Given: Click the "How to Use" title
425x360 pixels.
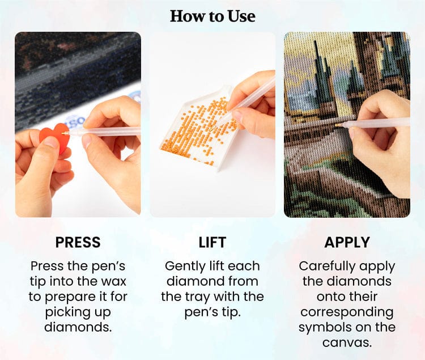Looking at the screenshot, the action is pyautogui.click(x=212, y=16).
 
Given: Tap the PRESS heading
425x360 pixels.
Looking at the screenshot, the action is pyautogui.click(x=78, y=242).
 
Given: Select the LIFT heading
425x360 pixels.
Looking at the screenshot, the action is pyautogui.click(x=212, y=242).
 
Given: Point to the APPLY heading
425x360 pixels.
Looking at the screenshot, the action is pyautogui.click(x=347, y=242).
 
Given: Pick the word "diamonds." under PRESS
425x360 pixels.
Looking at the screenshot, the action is pyautogui.click(x=78, y=327).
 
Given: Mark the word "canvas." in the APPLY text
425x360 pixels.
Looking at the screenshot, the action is pyautogui.click(x=347, y=342).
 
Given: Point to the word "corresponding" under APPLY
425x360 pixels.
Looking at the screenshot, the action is pyautogui.click(x=347, y=312).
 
